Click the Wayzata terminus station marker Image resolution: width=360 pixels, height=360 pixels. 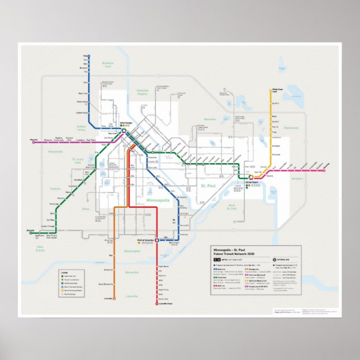coord(34,143)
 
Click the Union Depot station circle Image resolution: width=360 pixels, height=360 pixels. coord(251,178)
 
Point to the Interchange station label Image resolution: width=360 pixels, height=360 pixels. coord(126,122)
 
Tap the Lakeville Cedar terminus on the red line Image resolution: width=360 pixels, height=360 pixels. coord(157,304)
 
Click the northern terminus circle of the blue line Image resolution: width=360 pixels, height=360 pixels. coord(88,56)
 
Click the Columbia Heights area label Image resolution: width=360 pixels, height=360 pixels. coord(146,93)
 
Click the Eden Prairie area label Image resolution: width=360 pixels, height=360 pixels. coord(40,248)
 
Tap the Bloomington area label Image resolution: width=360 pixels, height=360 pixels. coord(132,251)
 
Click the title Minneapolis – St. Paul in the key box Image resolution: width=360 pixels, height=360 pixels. coord(231,249)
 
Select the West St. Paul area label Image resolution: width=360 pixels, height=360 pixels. coord(233,207)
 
